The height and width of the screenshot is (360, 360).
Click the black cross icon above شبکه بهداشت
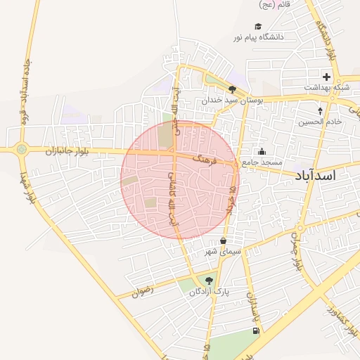[x=326, y=76]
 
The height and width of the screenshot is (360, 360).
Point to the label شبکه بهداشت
[x=327, y=87]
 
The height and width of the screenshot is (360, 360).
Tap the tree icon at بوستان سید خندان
[x=233, y=89]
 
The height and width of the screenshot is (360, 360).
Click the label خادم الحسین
[x=319, y=122]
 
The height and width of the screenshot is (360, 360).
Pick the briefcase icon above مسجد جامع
[x=262, y=151]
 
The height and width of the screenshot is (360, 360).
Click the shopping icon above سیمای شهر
[x=224, y=240]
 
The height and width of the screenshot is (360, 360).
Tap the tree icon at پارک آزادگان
[x=209, y=281]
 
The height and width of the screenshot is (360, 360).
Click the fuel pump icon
[x=255, y=330]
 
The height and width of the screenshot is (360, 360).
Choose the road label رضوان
[x=141, y=291]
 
